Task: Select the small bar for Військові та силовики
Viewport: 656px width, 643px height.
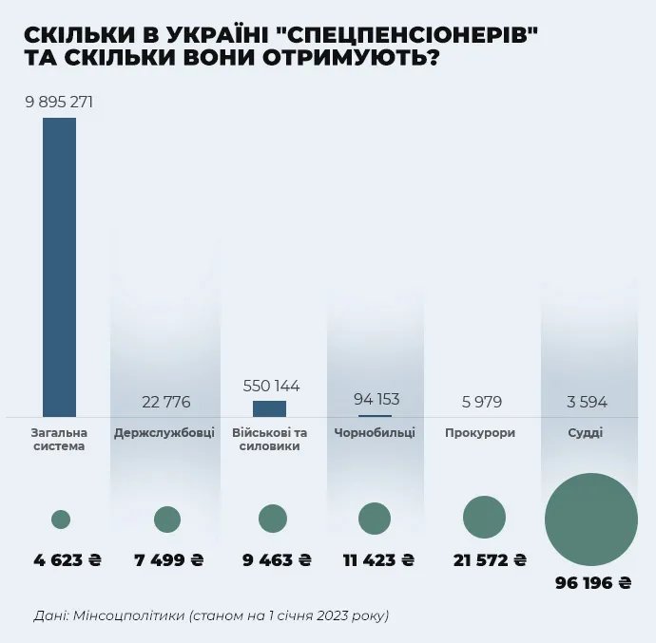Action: tap(269, 408)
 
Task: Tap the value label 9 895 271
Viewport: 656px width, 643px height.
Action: tap(59, 103)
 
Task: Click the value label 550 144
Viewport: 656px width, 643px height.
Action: tap(271, 386)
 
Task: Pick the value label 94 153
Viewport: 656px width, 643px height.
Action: tap(376, 399)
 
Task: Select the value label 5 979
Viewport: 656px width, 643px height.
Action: tap(481, 402)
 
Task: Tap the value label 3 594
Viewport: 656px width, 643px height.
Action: tap(587, 402)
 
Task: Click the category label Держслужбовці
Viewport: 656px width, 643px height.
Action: tap(164, 433)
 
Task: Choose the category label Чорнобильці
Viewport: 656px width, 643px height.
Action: tap(375, 433)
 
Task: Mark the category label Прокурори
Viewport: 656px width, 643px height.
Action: tap(480, 433)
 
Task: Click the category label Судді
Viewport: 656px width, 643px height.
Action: tap(588, 433)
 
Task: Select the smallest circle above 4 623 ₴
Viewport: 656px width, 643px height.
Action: tap(61, 520)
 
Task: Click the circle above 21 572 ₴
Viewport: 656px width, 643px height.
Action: tap(484, 518)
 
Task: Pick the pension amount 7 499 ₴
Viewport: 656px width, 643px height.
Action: tap(166, 560)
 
